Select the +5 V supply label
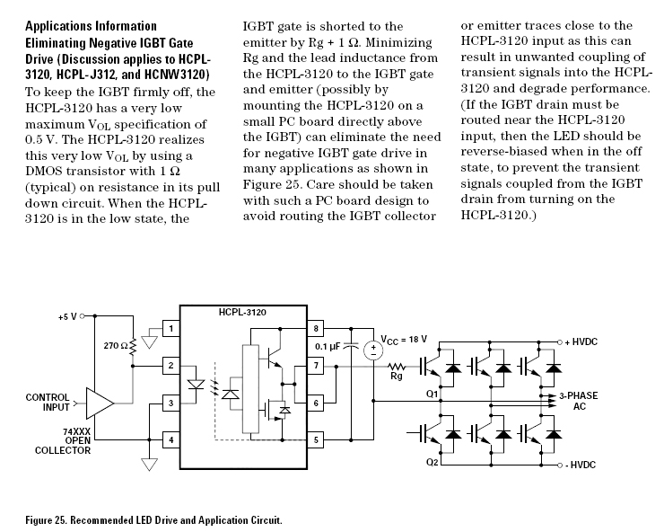click(67, 316)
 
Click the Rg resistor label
click(395, 377)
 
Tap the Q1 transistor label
click(432, 395)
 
